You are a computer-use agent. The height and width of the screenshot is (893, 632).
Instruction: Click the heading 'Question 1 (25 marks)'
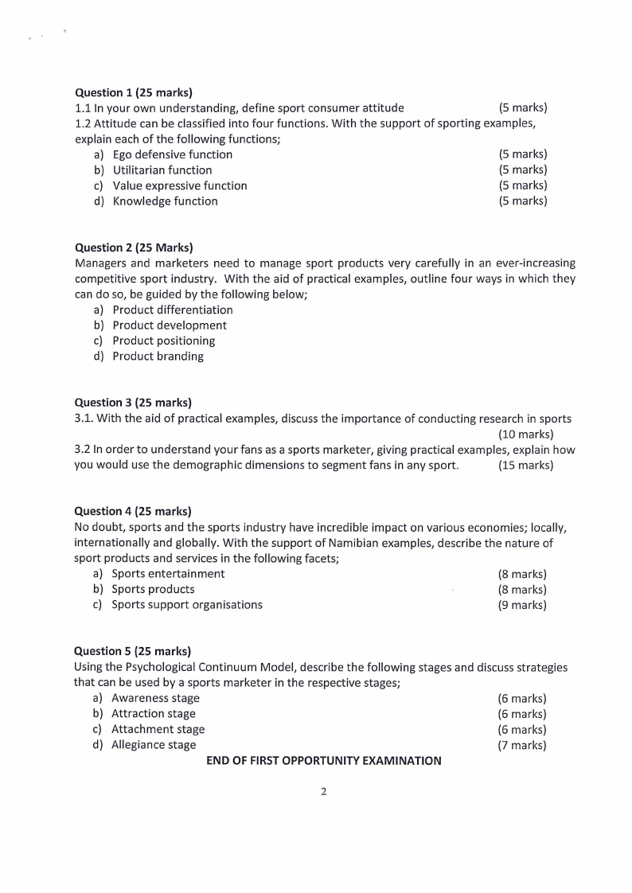coord(134,92)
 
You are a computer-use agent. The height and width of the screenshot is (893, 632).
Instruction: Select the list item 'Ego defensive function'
coord(172,154)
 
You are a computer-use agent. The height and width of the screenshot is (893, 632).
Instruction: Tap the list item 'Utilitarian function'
coord(162,170)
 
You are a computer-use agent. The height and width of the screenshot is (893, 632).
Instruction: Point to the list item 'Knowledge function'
coord(165,201)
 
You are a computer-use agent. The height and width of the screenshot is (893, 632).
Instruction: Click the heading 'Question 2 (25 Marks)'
coord(134,248)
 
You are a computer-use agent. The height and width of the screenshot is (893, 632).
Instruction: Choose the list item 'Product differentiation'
coord(173,310)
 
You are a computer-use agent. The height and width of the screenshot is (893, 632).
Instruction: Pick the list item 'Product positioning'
coord(164,341)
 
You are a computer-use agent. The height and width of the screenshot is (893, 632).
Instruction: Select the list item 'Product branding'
coord(158,357)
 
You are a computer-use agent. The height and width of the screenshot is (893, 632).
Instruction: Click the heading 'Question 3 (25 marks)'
coord(133,403)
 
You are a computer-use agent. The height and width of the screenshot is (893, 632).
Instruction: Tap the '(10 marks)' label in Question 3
coord(525,434)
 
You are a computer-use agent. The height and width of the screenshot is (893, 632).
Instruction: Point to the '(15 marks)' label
coord(525,466)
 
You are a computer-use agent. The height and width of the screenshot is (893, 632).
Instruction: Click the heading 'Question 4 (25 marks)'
coord(133,511)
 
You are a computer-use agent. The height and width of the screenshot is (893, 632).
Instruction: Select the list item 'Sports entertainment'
coord(168,574)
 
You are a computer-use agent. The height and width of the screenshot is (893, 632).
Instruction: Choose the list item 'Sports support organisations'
coord(187,605)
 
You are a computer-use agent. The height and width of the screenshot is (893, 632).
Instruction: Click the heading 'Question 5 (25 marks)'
coord(133,652)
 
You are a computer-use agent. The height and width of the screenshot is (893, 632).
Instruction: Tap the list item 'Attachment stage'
coord(158,729)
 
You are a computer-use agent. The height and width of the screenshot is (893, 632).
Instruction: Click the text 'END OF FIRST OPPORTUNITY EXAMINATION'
coord(324,761)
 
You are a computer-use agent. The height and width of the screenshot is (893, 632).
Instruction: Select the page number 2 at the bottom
coord(323,792)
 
